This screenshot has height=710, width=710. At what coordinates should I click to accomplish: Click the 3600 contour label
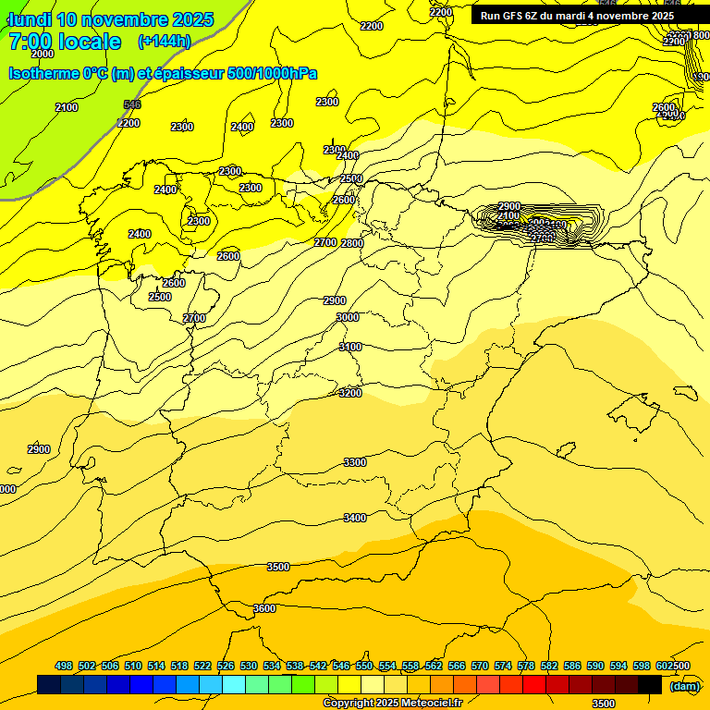(x=264, y=608)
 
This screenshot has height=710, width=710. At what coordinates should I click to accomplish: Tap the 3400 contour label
(x=355, y=518)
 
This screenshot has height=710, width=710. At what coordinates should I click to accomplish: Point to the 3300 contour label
(x=355, y=462)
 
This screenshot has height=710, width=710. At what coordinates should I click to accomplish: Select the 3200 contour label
(x=350, y=393)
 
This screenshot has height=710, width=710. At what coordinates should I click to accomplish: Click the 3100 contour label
(x=350, y=347)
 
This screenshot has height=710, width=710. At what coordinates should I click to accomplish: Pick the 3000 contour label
(x=348, y=317)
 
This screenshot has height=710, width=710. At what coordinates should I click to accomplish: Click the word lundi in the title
(x=30, y=19)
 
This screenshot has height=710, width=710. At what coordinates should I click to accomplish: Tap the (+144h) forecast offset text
(x=164, y=42)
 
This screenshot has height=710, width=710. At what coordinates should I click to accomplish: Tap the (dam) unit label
(x=684, y=685)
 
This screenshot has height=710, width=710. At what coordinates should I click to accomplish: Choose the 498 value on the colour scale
(x=64, y=666)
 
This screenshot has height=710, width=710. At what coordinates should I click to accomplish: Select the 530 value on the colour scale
(x=249, y=666)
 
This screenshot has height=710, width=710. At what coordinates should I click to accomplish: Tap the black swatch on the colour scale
(x=650, y=685)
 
